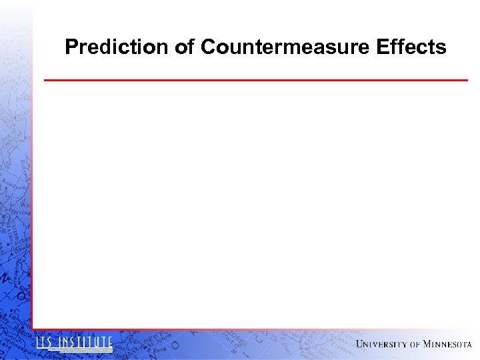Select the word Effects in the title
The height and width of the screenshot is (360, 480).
pyautogui.click(x=411, y=47)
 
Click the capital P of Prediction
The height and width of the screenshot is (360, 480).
pyautogui.click(x=71, y=47)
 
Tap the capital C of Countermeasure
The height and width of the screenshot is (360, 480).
pyautogui.click(x=208, y=47)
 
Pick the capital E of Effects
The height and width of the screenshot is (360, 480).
pyautogui.click(x=382, y=47)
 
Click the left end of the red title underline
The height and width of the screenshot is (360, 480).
pyautogui.click(x=45, y=80)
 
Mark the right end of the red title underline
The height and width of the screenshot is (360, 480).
pyautogui.click(x=467, y=80)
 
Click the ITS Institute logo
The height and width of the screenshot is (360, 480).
pyautogui.click(x=74, y=344)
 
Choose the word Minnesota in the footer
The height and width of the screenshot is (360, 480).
pyautogui.click(x=447, y=344)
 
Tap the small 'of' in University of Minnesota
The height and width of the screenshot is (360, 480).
pyautogui.click(x=415, y=345)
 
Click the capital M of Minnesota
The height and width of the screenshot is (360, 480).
pyautogui.click(x=427, y=344)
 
